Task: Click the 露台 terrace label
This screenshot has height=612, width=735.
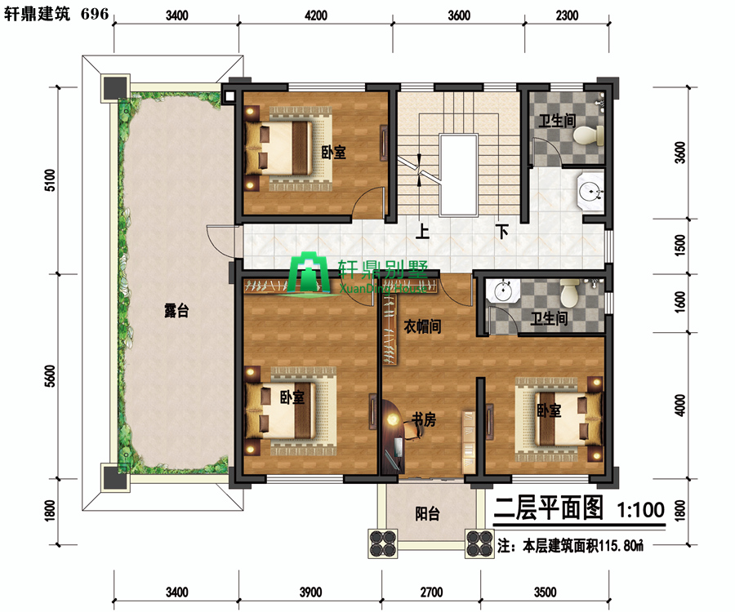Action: coord(176,310)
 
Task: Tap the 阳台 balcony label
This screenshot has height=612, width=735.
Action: coord(427,513)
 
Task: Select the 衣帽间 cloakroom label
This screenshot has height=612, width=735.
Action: coord(422,326)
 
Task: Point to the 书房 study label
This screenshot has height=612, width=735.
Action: coord(423,419)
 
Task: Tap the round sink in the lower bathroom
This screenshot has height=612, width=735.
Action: coord(503,290)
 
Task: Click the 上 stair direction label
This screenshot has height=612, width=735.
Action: coord(422,231)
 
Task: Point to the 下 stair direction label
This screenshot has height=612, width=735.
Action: coord(502,231)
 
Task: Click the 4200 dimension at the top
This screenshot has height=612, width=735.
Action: coord(316,16)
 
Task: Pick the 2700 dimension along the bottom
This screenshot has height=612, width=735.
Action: coord(431,592)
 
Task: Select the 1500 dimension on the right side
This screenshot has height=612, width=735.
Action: coord(679,245)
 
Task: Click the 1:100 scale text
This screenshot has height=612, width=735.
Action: coord(640,509)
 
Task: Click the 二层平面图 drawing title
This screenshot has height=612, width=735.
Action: coord(549,508)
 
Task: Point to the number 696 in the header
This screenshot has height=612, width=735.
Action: coord(95,14)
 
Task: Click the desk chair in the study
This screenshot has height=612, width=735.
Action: coord(412,430)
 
